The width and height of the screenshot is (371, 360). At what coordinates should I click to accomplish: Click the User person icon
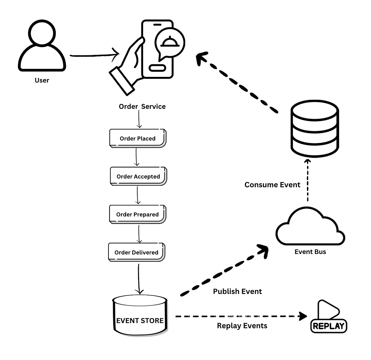[42, 46]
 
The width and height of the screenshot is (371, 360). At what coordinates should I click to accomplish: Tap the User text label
[42, 80]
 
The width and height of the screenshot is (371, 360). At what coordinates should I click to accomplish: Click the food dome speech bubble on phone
[170, 43]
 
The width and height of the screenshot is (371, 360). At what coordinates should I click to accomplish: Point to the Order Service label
[142, 107]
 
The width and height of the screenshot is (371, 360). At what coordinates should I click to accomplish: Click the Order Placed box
[138, 138]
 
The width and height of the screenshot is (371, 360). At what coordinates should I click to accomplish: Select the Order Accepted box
[138, 176]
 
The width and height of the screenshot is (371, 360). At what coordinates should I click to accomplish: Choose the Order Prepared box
[137, 214]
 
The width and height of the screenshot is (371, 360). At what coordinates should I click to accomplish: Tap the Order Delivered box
[136, 252]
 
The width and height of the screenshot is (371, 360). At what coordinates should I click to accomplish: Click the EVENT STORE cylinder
[140, 315]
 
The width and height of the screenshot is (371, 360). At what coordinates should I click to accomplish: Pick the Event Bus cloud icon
[310, 227]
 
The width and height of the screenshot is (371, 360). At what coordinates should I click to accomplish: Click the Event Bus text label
[310, 252]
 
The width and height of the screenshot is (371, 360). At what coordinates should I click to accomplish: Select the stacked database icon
[315, 129]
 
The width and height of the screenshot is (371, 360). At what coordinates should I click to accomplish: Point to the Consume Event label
[272, 185]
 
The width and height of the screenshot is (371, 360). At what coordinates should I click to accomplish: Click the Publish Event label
[237, 291]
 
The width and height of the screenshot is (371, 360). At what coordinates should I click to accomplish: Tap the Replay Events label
[242, 326]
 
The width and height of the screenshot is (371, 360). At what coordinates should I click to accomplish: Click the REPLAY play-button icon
[328, 317]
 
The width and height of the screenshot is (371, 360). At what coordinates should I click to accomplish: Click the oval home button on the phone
[157, 68]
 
